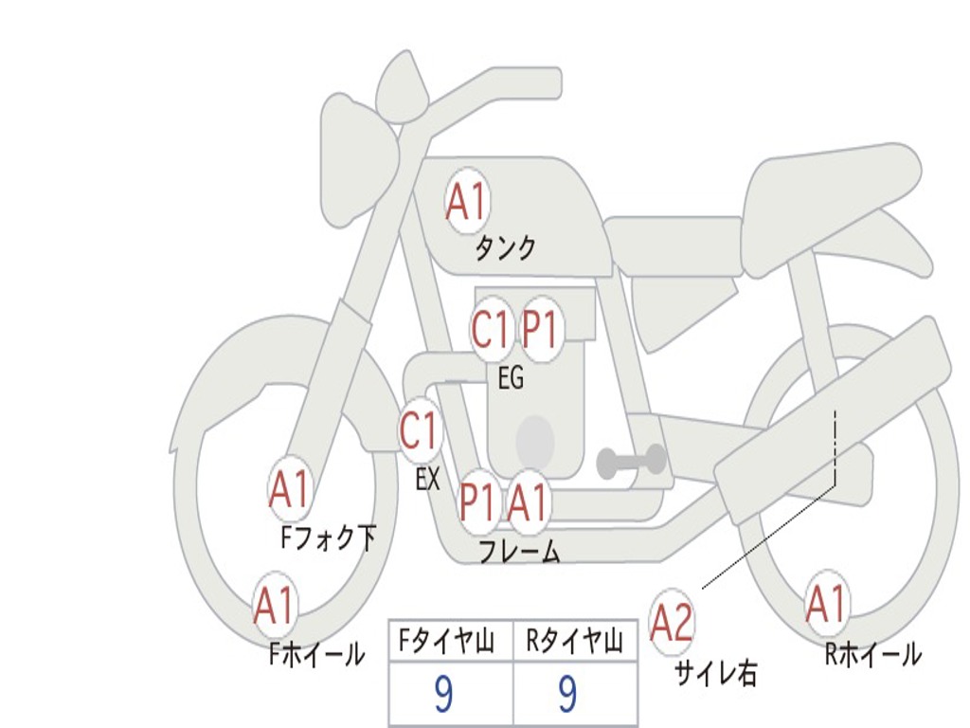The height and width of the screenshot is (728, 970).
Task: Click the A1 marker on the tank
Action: pos(467,201)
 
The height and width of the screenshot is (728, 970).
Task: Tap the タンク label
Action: pos(505,247)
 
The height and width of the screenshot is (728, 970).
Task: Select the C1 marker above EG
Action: pos(492,329)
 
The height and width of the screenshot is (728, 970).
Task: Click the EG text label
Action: pos(511,377)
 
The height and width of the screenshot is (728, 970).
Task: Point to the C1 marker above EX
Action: pos(421,430)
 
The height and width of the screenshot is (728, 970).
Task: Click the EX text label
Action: pos(428,479)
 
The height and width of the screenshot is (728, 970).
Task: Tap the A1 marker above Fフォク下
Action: pos(290,489)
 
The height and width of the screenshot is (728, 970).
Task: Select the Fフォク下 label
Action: pos(328,537)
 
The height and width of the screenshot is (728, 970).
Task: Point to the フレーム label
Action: pos(520,551)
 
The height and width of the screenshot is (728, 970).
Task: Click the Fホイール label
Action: pos(316,654)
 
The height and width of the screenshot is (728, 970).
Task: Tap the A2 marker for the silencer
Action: pos(672,624)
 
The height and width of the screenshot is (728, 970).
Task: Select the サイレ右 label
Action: pos(716,673)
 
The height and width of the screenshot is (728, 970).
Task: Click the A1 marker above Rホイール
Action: pos(827,604)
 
